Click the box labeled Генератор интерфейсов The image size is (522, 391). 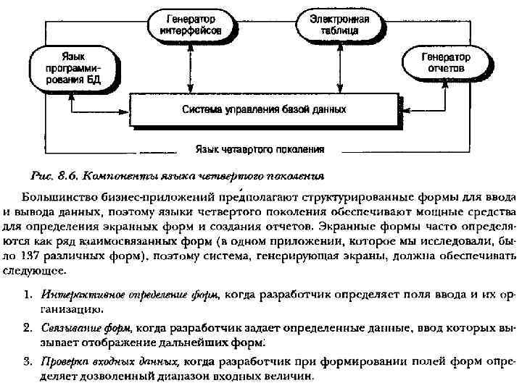(x=195, y=25)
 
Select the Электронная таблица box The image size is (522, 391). (x=339, y=25)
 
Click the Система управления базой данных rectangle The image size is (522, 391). (x=263, y=110)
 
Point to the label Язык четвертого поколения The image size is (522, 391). (x=259, y=150)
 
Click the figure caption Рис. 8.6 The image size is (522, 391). (x=54, y=175)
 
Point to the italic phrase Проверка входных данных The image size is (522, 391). (x=110, y=360)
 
